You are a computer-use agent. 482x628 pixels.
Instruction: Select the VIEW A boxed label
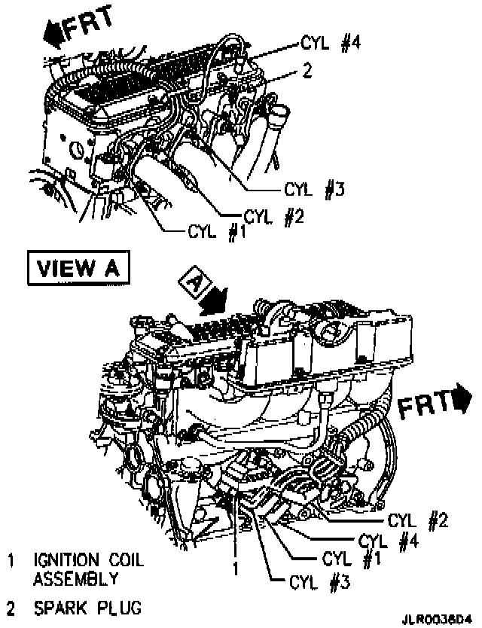click(78, 267)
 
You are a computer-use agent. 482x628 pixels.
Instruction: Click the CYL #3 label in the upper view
click(314, 188)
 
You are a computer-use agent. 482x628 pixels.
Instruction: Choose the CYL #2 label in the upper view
click(275, 217)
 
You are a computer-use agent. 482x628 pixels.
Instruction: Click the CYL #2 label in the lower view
click(413, 519)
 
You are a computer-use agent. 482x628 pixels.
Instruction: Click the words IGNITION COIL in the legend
click(87, 561)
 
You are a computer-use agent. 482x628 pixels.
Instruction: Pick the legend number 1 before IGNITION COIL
click(11, 561)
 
